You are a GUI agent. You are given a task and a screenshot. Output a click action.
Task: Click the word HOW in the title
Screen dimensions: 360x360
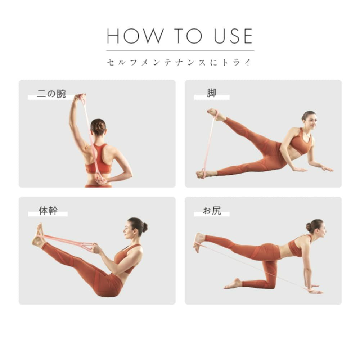coord(135,36)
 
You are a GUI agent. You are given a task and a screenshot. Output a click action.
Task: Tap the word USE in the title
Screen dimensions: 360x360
coord(233,36)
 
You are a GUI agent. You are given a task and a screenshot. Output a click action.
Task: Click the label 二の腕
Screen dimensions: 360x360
coord(51,94)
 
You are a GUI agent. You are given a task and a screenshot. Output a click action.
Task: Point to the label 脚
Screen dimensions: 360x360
coord(211,93)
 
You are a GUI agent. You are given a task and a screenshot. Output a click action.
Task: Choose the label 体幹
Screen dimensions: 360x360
coord(48,211)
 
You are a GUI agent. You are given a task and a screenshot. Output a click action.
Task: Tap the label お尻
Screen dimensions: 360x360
coord(212,211)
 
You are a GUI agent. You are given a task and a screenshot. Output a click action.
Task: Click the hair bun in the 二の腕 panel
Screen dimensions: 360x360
coord(99,126)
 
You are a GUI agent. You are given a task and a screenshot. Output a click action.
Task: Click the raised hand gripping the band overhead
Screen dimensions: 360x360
coord(80,97)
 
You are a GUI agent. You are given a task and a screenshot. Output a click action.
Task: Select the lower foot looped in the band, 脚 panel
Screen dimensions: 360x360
coord(206,174)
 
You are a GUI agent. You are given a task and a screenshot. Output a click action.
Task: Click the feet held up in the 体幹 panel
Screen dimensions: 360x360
coord(39,236)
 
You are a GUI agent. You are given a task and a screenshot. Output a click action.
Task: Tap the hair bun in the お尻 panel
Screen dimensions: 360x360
coord(309,227)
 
